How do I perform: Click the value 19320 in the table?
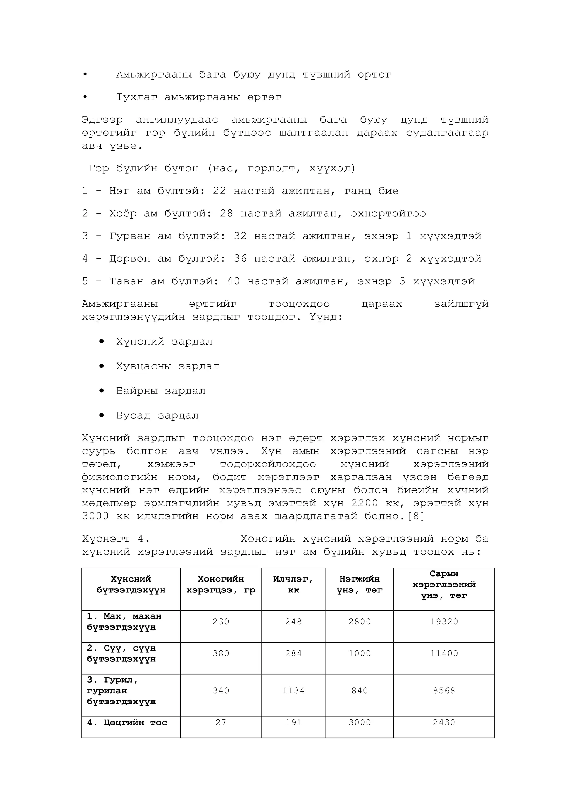[444, 622]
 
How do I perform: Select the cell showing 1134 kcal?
[293, 691]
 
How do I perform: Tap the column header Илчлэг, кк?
[293, 585]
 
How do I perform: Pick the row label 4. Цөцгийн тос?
[127, 723]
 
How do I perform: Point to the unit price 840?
[359, 691]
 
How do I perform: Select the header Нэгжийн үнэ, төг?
[359, 585]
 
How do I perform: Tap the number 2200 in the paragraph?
[364, 503]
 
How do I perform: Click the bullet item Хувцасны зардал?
[168, 366]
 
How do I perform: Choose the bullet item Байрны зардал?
[161, 391]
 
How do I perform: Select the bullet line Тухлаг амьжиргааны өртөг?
[199, 97]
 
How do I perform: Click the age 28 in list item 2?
[226, 213]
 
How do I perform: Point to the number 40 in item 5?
[233, 281]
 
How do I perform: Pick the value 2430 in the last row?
[444, 723]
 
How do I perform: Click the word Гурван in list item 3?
[130, 236]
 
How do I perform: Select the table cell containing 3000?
[359, 723]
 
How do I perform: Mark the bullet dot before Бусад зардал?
[102, 415]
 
